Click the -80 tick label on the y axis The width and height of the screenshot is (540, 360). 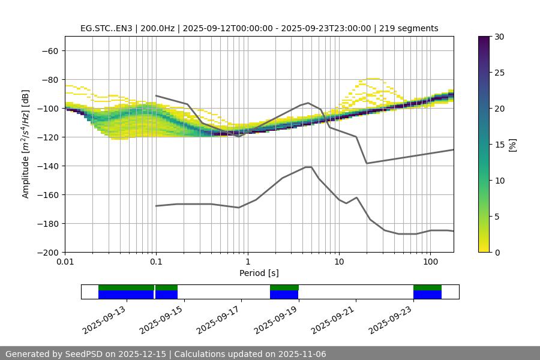click(x=49, y=80)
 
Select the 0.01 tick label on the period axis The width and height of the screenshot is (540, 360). click(x=65, y=262)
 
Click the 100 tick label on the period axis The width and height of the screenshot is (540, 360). click(x=430, y=262)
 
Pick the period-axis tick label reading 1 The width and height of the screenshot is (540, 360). click(x=247, y=262)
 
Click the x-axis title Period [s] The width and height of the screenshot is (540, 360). click(x=259, y=273)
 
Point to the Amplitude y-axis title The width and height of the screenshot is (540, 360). click(x=26, y=145)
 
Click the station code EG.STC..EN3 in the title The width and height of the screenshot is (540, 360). click(x=107, y=28)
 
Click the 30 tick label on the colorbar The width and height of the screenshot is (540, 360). click(x=499, y=37)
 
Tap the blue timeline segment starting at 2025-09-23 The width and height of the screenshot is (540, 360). click(x=427, y=295)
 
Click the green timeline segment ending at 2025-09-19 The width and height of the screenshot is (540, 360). click(x=284, y=287)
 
